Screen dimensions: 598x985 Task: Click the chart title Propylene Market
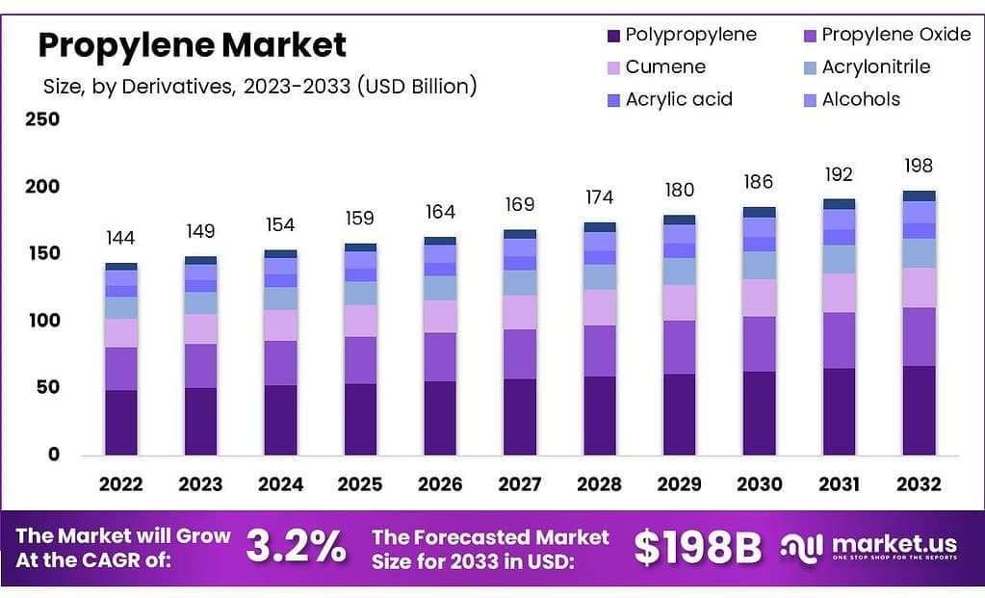192,44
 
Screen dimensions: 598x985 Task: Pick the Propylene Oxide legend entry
886,35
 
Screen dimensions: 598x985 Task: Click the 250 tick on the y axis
41,119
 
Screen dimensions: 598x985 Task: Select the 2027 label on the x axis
519,484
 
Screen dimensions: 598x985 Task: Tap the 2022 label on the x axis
120,484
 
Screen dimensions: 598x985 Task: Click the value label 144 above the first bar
121,239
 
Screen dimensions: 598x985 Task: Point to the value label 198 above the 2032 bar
919,166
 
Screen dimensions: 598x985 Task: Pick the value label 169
520,205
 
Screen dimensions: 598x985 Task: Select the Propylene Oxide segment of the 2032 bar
919,336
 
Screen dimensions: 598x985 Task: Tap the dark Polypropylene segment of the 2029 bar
680,414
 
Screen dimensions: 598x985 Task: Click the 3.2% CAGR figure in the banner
296,547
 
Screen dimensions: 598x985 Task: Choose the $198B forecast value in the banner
697,547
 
